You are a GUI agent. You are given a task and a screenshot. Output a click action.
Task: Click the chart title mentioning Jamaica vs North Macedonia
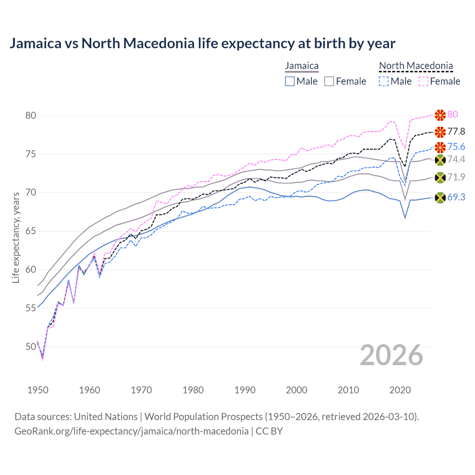[202, 43]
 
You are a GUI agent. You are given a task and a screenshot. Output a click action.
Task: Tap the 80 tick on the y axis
[31, 115]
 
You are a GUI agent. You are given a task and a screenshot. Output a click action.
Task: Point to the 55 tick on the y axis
[31, 308]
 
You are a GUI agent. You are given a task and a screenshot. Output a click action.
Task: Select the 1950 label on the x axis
[38, 390]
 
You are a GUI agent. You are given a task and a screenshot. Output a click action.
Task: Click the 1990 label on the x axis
[245, 390]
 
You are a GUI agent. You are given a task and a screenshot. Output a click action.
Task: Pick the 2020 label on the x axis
[400, 390]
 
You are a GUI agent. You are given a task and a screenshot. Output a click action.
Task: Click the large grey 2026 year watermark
[392, 355]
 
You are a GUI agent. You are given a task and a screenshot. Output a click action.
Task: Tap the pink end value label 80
[452, 114]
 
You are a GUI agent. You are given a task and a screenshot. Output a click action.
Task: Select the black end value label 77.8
[456, 131]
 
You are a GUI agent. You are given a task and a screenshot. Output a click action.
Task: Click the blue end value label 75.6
[456, 147]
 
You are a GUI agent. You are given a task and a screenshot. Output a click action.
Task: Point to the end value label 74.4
[456, 160]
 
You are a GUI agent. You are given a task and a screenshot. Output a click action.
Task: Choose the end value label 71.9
[456, 177]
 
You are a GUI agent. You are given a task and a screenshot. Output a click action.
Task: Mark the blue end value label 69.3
[456, 197]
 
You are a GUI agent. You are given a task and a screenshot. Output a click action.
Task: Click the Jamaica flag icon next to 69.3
[440, 197]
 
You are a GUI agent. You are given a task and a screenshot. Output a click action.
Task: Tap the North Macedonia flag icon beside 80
[440, 115]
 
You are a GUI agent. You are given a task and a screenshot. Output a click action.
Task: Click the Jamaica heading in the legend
[302, 66]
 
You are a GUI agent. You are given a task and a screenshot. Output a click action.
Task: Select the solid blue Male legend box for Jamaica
[290, 81]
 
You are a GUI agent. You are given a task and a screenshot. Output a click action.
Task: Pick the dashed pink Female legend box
[423, 81]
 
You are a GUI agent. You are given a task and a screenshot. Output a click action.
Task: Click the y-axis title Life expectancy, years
[16, 237]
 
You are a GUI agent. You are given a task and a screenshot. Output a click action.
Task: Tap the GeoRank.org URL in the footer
[131, 431]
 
